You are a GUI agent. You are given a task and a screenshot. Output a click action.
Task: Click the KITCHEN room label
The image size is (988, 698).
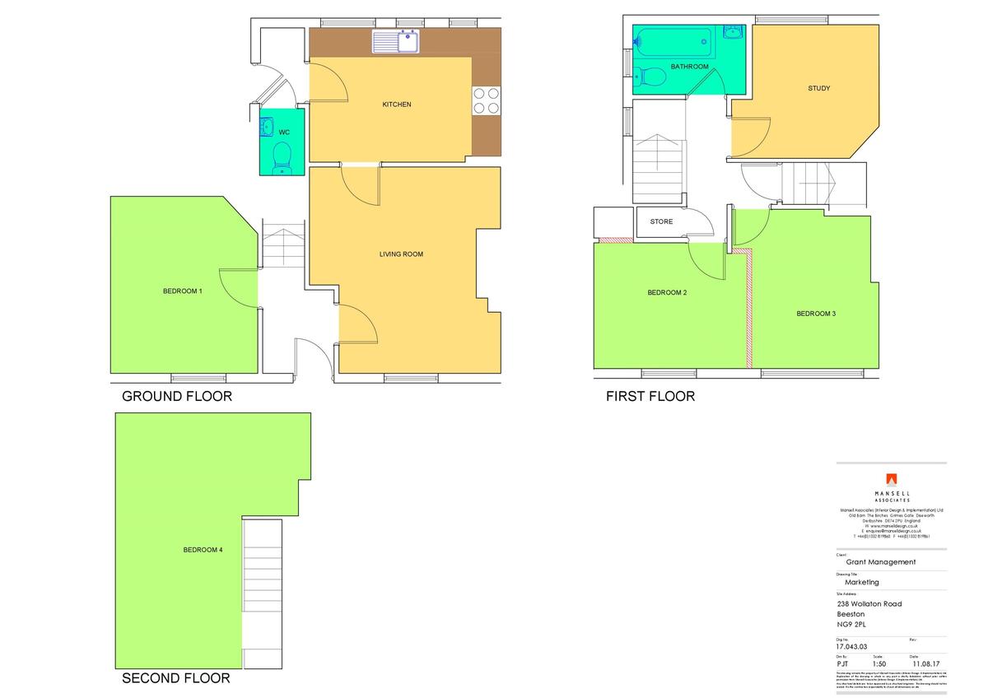(x=396, y=105)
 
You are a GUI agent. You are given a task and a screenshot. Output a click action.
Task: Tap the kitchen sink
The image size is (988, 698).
(x=397, y=41)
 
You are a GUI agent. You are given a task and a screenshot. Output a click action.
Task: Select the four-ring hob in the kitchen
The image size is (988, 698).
(x=486, y=100)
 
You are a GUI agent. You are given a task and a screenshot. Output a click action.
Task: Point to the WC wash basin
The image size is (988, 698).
(x=267, y=128)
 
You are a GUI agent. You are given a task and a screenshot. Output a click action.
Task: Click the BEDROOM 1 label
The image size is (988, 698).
(x=182, y=291)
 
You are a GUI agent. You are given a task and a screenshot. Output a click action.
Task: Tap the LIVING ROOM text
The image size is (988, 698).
(x=401, y=254)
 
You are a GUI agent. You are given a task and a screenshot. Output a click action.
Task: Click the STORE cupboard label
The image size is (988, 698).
(x=661, y=221)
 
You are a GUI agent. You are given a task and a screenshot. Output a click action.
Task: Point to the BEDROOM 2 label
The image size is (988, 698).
(x=667, y=293)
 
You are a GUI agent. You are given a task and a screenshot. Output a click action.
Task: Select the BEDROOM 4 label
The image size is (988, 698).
(x=203, y=550)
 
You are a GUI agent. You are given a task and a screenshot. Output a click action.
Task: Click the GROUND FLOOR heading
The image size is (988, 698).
(x=177, y=396)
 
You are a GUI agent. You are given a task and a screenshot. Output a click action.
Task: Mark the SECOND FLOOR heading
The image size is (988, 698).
(x=176, y=678)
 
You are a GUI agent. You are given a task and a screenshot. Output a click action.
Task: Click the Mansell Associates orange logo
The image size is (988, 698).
(x=891, y=479)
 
